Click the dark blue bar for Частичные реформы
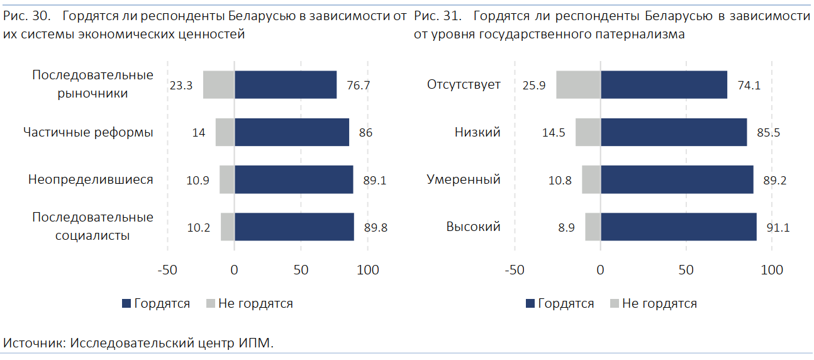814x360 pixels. coord(291,132)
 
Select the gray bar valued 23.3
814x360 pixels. coord(219,85)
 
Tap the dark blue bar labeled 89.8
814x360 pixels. coord(294,227)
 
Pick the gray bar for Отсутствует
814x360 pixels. coord(578,85)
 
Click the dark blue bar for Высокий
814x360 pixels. coord(679,227)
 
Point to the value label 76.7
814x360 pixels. coord(358,86)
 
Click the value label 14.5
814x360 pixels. coord(554,133)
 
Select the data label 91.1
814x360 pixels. coord(778,228)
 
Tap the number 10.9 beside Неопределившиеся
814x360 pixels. coord(198,181)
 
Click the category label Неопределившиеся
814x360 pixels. coord(91,180)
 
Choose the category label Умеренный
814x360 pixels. coord(464,180)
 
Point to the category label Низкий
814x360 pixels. coord(477,132)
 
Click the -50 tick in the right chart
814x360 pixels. coord(515,270)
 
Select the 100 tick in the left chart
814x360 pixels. coord(368,270)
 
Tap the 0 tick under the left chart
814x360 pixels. coord(234,270)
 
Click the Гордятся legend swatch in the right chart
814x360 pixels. coord(530,304)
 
